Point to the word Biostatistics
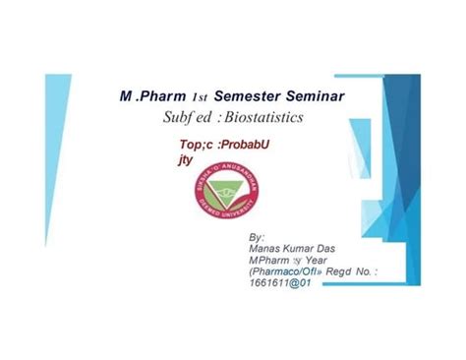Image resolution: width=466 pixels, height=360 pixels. click(x=261, y=117)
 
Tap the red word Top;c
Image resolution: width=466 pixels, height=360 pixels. click(x=184, y=144)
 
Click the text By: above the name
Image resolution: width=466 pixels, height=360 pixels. click(x=258, y=237)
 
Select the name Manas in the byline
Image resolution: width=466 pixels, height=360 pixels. click(x=268, y=250)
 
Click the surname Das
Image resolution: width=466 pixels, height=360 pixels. click(x=338, y=250)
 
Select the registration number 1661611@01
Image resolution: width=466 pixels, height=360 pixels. click(x=283, y=284)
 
